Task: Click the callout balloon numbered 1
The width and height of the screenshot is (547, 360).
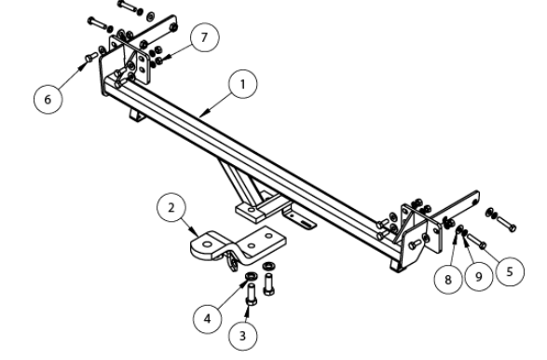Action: click(243, 85)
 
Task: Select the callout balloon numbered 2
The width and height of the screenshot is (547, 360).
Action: click(171, 208)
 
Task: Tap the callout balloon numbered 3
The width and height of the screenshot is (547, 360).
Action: click(243, 336)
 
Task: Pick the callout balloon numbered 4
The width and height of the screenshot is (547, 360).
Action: click(208, 318)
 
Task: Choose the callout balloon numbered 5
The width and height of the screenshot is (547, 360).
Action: click(510, 271)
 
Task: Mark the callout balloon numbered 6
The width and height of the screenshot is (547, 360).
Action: click(48, 99)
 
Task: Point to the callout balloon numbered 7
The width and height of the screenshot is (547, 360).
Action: click(205, 37)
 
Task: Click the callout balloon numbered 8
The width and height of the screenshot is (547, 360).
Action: click(448, 279)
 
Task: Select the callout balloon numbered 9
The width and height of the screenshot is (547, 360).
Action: click(479, 277)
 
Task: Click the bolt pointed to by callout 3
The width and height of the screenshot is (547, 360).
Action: click(251, 295)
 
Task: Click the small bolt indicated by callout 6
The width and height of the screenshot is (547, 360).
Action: click(91, 57)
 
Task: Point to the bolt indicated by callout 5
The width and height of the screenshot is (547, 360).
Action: click(476, 241)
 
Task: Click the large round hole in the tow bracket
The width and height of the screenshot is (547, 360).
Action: click(207, 244)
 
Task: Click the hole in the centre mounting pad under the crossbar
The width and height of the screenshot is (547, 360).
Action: click(252, 210)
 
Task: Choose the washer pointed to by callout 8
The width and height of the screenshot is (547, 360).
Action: click(460, 229)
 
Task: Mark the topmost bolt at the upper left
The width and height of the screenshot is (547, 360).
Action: click(130, 7)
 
